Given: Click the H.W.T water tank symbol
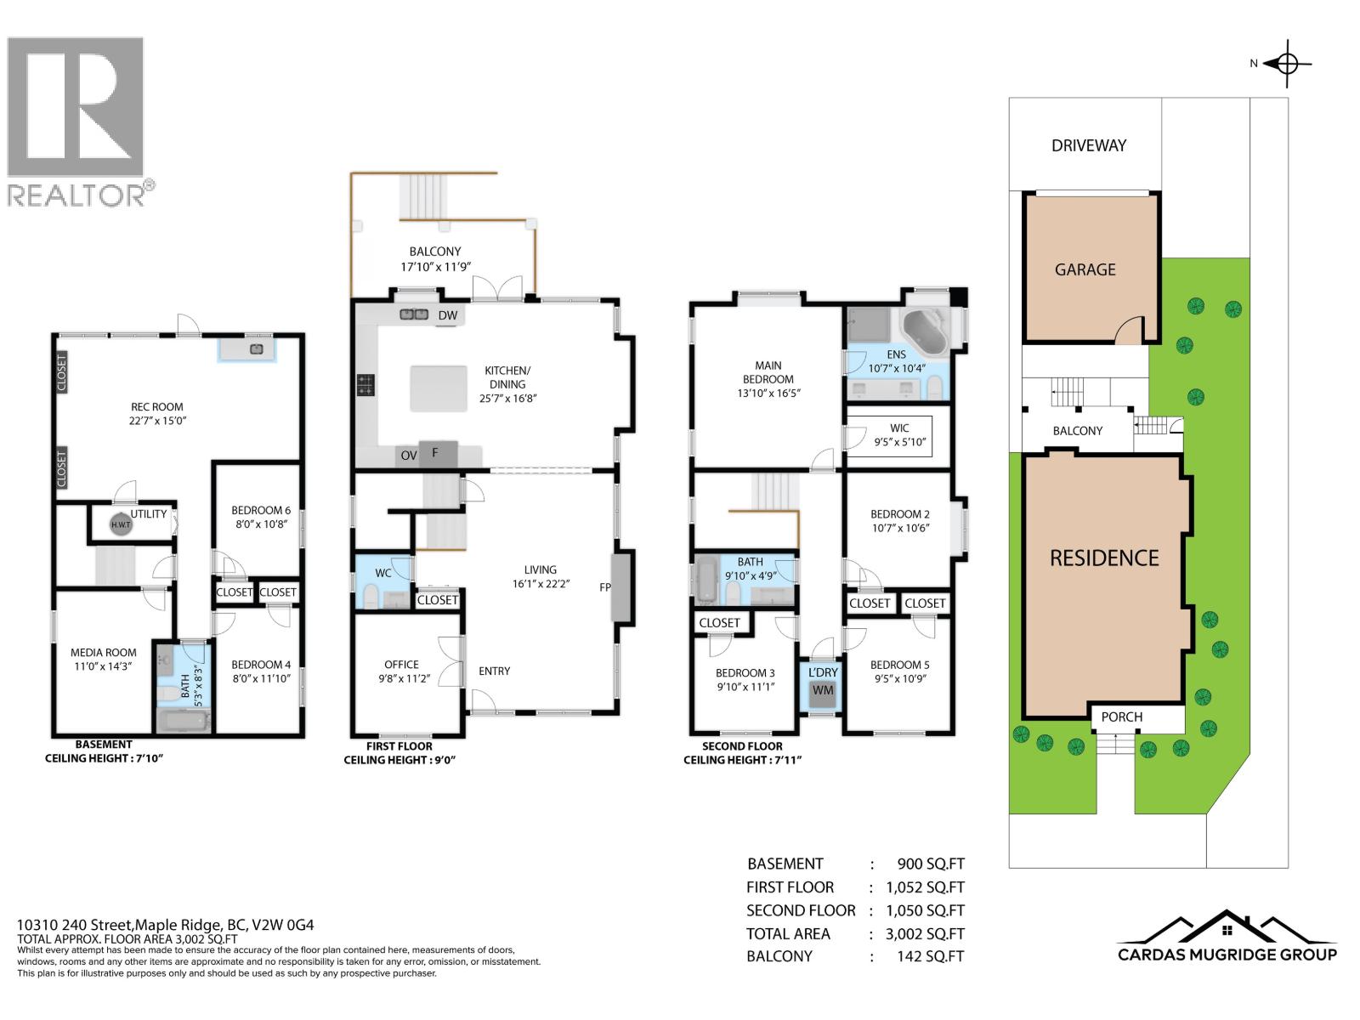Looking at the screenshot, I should (x=122, y=524).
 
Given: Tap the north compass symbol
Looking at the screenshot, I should (x=1287, y=64).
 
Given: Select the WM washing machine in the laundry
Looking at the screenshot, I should (x=822, y=690).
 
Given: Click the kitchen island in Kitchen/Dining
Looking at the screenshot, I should (x=439, y=388).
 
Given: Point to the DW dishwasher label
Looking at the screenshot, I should (x=447, y=315).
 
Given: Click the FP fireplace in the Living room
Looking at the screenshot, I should (x=622, y=586).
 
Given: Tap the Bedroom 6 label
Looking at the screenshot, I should (x=261, y=517).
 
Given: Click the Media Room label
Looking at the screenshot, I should (x=103, y=659).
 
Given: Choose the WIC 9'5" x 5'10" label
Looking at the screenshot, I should (x=899, y=435).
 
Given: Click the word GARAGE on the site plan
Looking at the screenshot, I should (x=1085, y=269).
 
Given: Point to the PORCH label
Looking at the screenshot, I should (x=1121, y=717).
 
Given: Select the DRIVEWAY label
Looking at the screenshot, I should (x=1088, y=145).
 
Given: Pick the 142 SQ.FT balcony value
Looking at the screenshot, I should (x=931, y=956).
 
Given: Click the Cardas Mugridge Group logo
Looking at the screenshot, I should (x=1227, y=938).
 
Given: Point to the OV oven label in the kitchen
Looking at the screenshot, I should (x=409, y=456).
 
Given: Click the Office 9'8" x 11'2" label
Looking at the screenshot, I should (x=401, y=671).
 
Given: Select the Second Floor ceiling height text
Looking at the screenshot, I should (x=742, y=753).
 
